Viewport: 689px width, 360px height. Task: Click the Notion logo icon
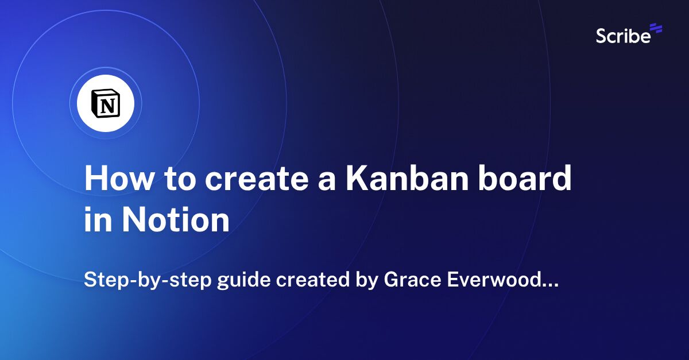click(106, 104)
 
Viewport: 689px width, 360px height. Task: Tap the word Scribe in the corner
click(623, 36)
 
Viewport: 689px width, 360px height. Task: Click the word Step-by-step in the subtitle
click(138, 281)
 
